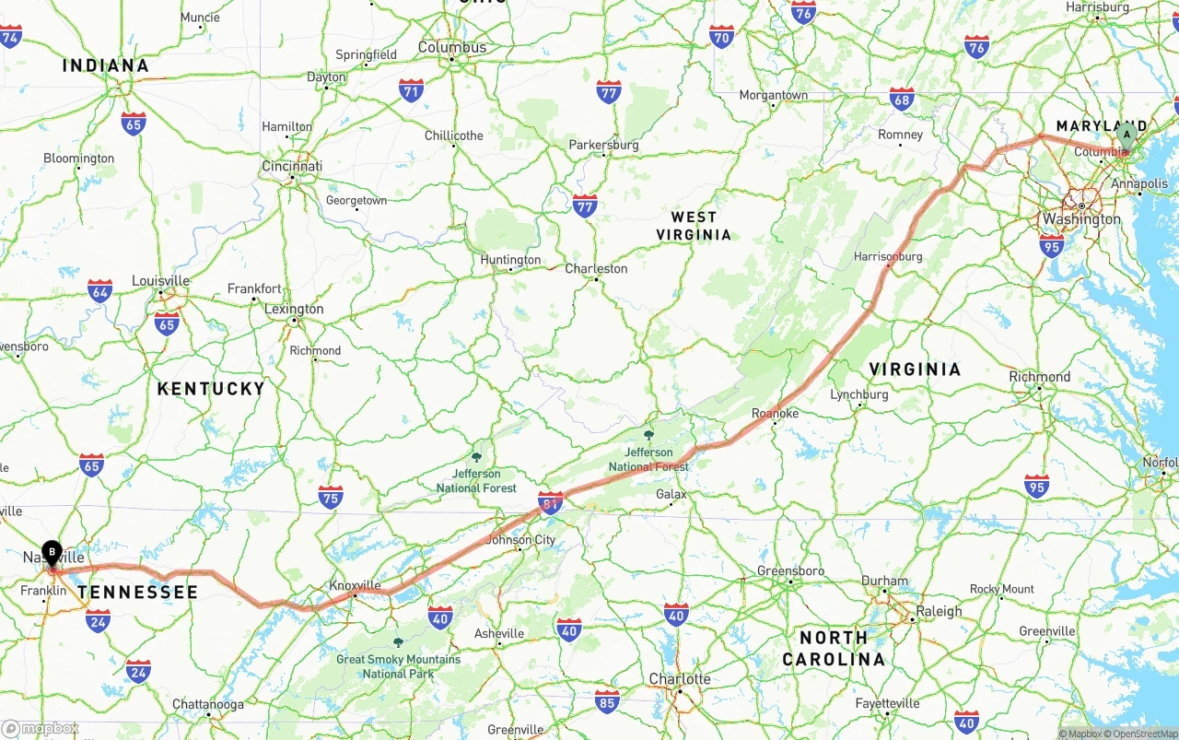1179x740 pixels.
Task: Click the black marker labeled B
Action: coord(53,552)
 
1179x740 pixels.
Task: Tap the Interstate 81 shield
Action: coord(550,503)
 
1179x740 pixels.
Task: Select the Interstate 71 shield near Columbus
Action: coord(411,90)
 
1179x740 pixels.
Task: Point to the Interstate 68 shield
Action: coord(902,100)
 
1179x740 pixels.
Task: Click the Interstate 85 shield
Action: coord(606,700)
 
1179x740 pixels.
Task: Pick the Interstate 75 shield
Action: coord(330,498)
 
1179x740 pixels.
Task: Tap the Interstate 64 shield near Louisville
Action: coord(100,291)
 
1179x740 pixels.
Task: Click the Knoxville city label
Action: coord(355,585)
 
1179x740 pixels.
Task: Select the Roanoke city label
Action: coord(775,413)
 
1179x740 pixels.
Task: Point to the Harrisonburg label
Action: coord(888,256)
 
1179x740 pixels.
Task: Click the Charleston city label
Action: coord(596,268)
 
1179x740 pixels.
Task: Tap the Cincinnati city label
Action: coord(292,166)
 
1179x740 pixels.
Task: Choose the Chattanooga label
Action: coord(208,704)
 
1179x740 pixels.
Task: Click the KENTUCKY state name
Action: coord(211,389)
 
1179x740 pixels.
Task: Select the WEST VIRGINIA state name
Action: coord(694,226)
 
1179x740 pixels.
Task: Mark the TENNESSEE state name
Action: coord(137,592)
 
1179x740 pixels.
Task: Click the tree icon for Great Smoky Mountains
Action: coord(398,642)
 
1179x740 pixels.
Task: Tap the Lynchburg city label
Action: coord(859,394)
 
